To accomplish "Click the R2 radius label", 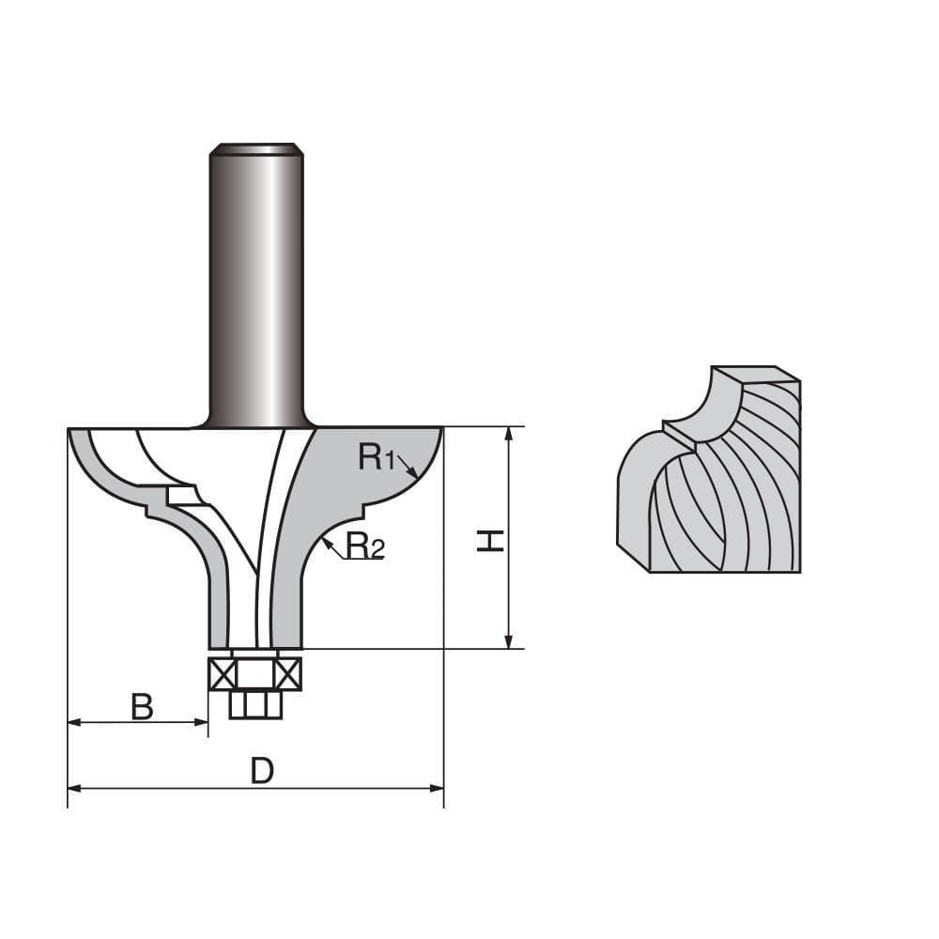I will pyautogui.click(x=365, y=545).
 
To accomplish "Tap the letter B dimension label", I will pyautogui.click(x=142, y=706).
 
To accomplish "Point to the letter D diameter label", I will pyautogui.click(x=262, y=771).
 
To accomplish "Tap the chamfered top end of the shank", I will pyautogui.click(x=256, y=148).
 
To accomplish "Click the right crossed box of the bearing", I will pyautogui.click(x=289, y=674).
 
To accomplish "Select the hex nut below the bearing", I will pyautogui.click(x=254, y=704).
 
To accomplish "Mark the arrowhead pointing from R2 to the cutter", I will pyautogui.click(x=325, y=542).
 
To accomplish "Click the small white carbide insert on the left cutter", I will pyautogui.click(x=180, y=495).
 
